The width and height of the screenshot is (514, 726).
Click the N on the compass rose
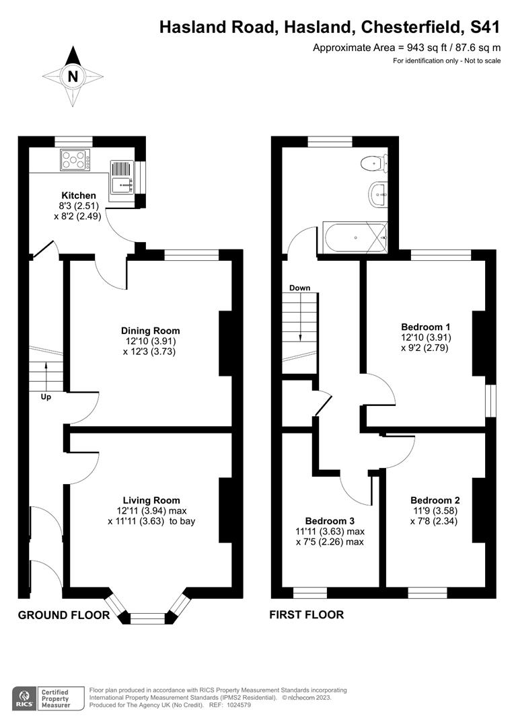tap(73, 77)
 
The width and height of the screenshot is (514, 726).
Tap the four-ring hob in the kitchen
tap(75, 161)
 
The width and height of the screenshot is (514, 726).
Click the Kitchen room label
tap(79, 196)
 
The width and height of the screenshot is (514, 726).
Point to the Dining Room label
tap(150, 331)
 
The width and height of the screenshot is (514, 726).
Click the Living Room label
tap(151, 500)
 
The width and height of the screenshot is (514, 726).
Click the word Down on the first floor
tap(299, 288)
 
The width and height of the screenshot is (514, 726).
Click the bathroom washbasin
tap(377, 194)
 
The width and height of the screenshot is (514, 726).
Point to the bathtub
tap(355, 237)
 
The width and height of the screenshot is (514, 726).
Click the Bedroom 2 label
tap(435, 500)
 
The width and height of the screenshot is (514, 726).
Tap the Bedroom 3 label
tap(330, 521)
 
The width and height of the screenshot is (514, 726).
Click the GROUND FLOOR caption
tap(63, 614)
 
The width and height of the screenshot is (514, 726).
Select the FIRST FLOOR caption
tap(306, 614)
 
